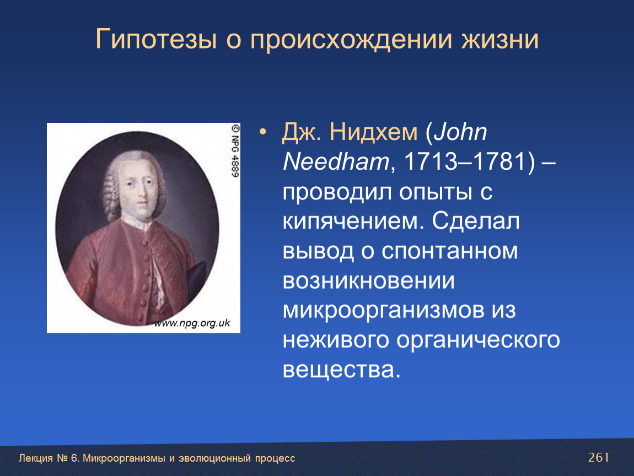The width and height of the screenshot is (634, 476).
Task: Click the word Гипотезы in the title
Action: [x=156, y=40]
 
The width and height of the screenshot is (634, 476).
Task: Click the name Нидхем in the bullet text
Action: [x=373, y=132]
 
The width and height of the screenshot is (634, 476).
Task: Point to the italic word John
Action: [x=460, y=132]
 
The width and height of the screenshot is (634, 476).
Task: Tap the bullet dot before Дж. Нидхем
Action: [x=263, y=132]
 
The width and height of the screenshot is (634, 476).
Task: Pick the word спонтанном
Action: [x=450, y=251]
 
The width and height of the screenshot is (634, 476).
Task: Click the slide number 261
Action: [x=598, y=457]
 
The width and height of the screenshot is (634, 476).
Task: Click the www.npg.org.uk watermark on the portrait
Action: [x=192, y=323]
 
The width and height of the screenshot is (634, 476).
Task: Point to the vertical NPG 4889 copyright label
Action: [x=235, y=150]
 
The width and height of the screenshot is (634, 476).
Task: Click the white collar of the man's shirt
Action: [x=137, y=222]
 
